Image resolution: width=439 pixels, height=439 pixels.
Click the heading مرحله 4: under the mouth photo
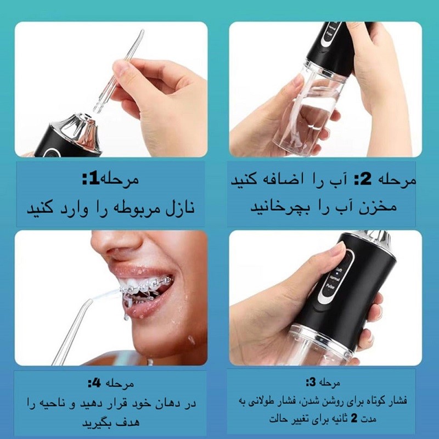(110, 382)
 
